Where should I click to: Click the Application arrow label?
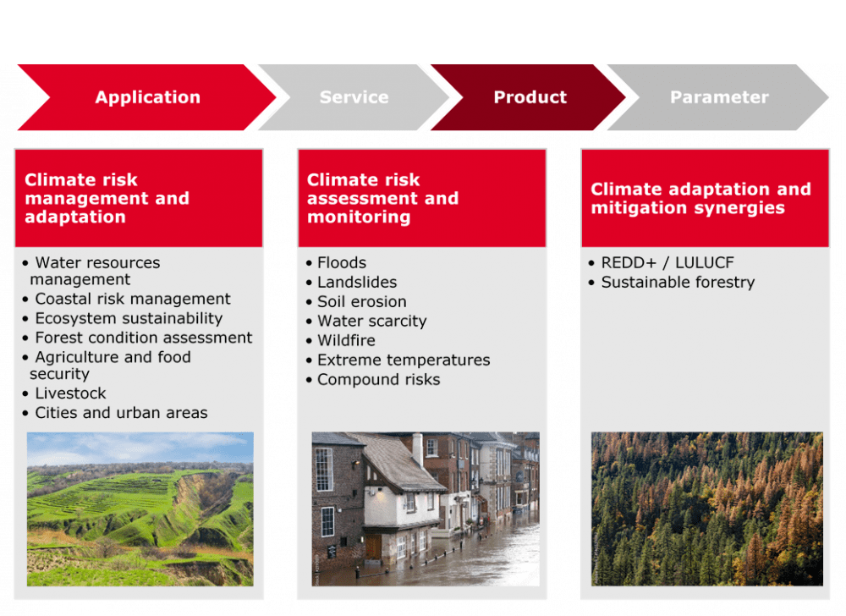point(148,97)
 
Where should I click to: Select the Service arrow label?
point(354,97)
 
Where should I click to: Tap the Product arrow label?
point(530,97)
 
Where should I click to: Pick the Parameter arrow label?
point(719,97)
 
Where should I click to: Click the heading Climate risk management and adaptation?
point(107,198)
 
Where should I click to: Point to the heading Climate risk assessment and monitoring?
point(382,198)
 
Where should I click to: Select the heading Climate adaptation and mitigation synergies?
point(700,198)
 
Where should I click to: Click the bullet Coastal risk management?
point(133,299)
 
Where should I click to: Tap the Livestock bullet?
point(71,393)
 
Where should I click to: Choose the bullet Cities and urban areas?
point(121,413)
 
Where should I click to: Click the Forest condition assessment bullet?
point(144,338)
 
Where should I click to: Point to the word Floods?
point(342,262)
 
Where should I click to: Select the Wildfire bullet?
point(346,340)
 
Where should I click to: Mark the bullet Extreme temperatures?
point(404,360)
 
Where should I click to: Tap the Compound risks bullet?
point(379,380)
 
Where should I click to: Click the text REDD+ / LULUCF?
point(667,262)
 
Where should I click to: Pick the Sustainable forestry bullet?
point(678,282)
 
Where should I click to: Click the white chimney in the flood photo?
point(418,448)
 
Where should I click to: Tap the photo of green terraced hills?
point(140,509)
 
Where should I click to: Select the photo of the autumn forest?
point(706,509)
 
